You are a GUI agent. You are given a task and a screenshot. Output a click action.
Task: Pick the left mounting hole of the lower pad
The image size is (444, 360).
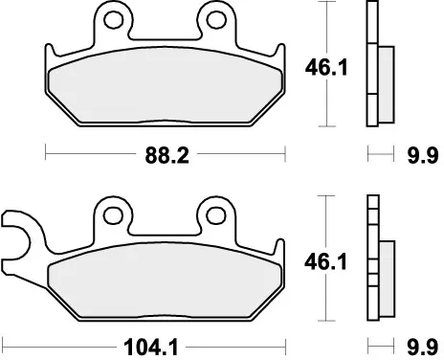[116, 212]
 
